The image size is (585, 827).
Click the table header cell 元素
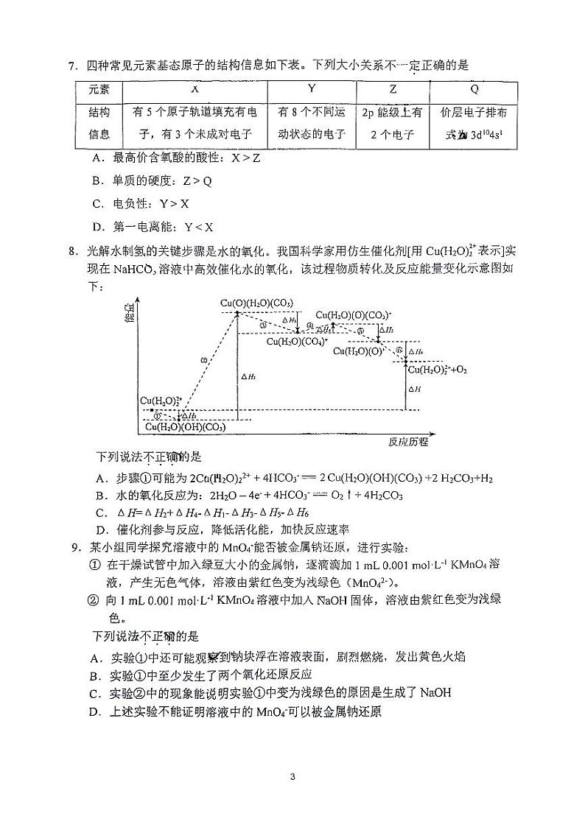[99, 89]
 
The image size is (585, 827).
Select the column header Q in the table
[474, 89]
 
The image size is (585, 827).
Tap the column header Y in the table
[311, 89]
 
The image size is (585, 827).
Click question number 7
[73, 65]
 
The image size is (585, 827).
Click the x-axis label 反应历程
[407, 442]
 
